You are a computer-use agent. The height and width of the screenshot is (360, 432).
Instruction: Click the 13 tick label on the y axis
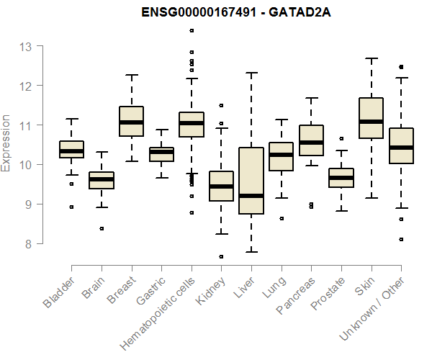[26, 47]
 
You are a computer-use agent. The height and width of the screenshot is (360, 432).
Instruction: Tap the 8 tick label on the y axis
[30, 243]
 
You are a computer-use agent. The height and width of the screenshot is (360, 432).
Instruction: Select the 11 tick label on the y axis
[26, 125]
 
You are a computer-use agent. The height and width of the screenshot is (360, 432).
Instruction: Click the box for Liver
[251, 181]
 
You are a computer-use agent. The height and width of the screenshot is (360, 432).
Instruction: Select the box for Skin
[371, 117]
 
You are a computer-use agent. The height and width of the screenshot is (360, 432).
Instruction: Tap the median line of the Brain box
[102, 179]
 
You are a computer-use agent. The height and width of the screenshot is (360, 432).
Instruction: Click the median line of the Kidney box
[221, 186]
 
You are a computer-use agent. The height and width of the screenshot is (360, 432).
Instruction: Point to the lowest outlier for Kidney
[221, 256]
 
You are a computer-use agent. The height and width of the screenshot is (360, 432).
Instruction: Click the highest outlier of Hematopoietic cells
[192, 30]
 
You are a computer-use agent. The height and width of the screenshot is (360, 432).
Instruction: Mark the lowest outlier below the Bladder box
[71, 207]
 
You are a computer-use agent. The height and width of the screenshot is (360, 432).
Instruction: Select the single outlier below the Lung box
[281, 218]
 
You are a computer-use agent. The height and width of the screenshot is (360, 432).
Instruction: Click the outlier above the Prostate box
[341, 138]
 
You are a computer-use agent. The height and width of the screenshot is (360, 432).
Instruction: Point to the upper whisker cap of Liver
[251, 73]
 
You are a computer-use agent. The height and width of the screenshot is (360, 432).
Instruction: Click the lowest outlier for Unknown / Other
[401, 239]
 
